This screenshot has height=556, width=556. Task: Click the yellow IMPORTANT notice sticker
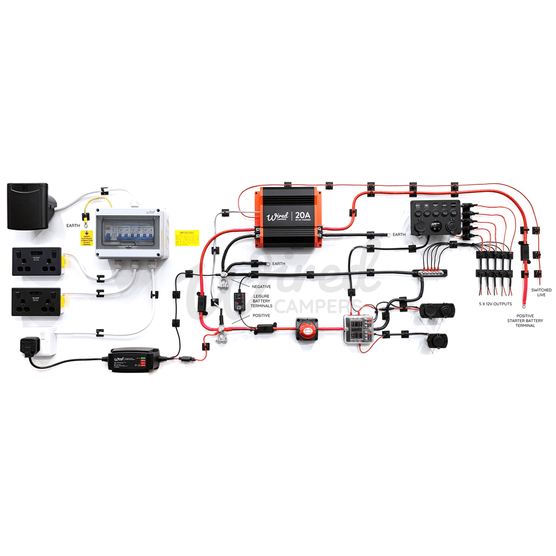click(x=187, y=237)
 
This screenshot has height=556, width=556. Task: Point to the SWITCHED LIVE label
click(x=541, y=292)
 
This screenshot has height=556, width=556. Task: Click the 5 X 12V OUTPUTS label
click(x=495, y=304)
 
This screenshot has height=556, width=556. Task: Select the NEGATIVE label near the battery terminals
click(x=261, y=286)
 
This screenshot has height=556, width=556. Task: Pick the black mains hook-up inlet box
click(x=28, y=206)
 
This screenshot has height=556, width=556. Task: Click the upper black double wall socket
click(x=37, y=261)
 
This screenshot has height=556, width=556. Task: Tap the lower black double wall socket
click(x=37, y=301)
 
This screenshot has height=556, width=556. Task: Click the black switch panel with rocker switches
click(x=436, y=217)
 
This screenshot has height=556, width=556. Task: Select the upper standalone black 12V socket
click(x=433, y=310)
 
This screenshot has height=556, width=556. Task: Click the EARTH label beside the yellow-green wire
click(x=73, y=225)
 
